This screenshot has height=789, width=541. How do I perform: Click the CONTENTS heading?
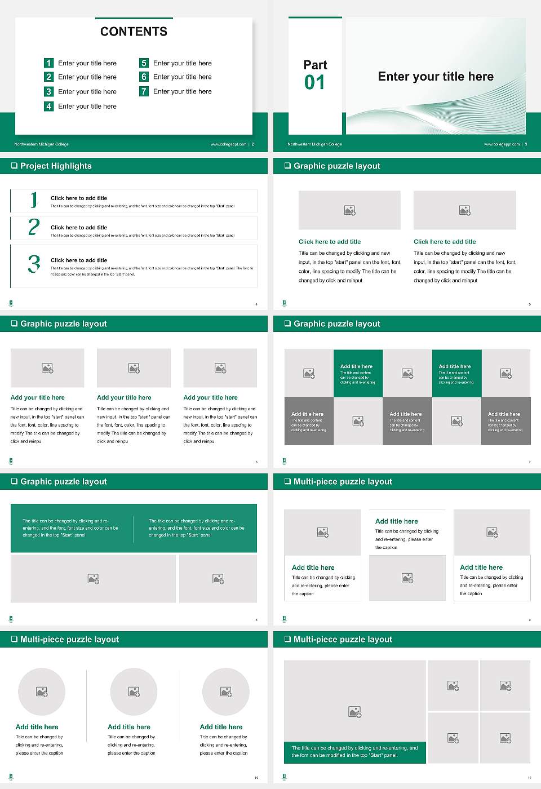point(134,32)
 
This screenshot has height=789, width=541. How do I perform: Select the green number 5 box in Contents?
point(144,63)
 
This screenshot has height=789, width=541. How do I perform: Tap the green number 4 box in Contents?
point(48,106)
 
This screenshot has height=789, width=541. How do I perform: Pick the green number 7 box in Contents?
point(144,91)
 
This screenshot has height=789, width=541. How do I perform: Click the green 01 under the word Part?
point(314,83)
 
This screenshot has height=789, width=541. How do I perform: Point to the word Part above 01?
point(315,65)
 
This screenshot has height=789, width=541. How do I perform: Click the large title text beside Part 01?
point(435,77)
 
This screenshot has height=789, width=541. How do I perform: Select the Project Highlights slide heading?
point(56,166)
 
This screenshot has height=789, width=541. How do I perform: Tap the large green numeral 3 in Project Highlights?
point(34,264)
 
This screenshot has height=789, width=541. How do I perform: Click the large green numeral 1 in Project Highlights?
point(34,200)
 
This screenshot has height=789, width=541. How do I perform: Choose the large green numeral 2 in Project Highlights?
point(34,227)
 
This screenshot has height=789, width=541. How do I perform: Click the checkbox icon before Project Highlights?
point(14,166)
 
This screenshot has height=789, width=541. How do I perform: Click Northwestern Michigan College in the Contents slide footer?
point(41,144)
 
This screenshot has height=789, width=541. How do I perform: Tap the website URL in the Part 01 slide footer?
point(501,144)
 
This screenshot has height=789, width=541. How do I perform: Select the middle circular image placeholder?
point(134,692)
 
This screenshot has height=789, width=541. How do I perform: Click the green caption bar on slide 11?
point(354,752)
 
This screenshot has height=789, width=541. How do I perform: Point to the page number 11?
point(529,778)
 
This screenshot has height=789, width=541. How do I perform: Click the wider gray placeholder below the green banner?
point(94,579)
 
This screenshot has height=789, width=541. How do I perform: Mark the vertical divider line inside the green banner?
point(134,528)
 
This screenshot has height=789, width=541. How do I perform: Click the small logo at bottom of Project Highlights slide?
point(11,304)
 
